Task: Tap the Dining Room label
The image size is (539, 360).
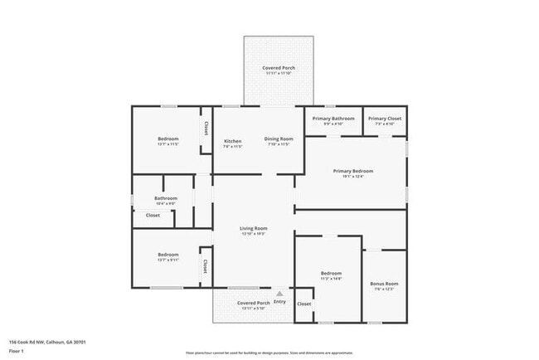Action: (279, 139)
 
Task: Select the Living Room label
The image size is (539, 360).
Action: (253, 228)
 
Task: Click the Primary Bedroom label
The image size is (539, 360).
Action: (354, 171)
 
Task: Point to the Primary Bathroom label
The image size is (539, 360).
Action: (333, 119)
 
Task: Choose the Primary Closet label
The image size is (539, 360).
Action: (385, 119)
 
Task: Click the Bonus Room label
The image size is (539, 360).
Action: (384, 284)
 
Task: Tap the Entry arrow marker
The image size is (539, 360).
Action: (279, 293)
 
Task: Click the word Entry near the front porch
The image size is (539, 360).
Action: (279, 302)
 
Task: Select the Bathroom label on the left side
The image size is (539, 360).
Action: (166, 198)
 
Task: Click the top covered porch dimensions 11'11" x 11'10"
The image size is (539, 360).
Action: (279, 74)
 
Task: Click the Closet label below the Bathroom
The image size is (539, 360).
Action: (153, 216)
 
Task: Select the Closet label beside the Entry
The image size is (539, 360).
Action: (304, 304)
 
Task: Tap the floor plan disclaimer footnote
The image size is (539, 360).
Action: (269, 353)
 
